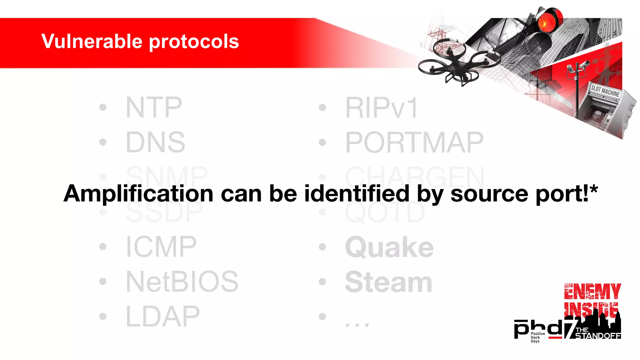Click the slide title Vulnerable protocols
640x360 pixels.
[x=140, y=41]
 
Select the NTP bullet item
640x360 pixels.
[x=154, y=107]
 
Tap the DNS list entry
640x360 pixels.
[x=155, y=142]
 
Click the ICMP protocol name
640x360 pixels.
[x=161, y=247]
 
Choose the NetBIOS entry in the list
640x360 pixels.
[x=182, y=282]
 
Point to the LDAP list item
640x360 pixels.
[x=162, y=317]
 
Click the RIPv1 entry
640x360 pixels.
[x=381, y=107]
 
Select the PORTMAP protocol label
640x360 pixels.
[x=414, y=142]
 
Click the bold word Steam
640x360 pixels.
[x=388, y=282]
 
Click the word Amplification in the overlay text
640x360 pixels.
[x=138, y=194]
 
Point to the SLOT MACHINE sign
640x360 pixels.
[x=605, y=91]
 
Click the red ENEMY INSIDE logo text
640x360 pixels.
[x=592, y=300]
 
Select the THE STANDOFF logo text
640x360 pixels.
[x=597, y=333]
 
